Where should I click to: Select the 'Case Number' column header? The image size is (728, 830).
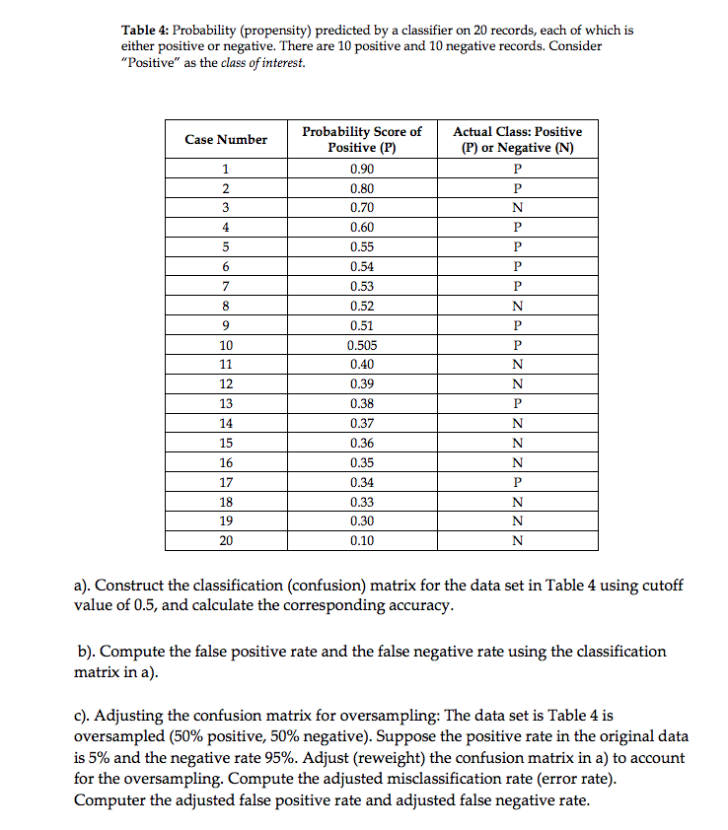point(226,140)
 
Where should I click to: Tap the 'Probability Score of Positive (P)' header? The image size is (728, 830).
point(362,139)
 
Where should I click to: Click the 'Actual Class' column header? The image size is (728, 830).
point(517,139)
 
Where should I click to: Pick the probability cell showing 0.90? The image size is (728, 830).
point(362,169)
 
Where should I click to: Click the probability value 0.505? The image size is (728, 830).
point(362,345)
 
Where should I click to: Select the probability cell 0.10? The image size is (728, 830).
point(362,540)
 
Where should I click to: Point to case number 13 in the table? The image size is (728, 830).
point(226,403)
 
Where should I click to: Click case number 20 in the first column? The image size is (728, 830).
point(226,540)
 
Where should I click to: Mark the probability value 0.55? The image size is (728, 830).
point(362,247)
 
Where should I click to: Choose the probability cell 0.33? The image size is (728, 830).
point(362,502)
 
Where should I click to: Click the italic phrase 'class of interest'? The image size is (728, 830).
point(263,63)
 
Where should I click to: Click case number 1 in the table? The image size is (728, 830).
point(226,169)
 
